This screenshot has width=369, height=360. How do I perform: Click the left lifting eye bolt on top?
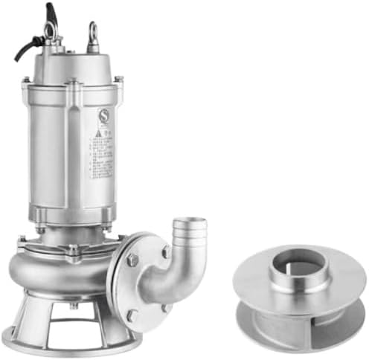click(51, 31)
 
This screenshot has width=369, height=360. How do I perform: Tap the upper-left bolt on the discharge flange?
click(132, 260)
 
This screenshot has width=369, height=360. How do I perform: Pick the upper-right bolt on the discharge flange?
click(167, 252)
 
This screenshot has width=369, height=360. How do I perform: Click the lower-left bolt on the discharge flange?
click(132, 315)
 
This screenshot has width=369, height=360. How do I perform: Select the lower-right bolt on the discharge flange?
click(167, 307)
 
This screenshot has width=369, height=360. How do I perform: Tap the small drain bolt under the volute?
click(74, 306)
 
